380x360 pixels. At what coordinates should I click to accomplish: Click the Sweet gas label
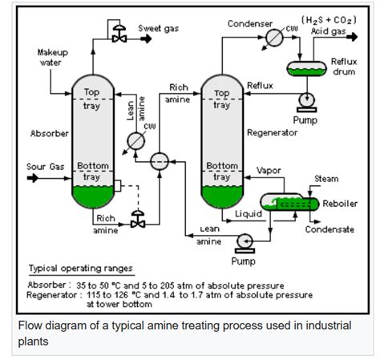(x=158, y=28)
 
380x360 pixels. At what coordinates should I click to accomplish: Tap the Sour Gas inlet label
(x=45, y=167)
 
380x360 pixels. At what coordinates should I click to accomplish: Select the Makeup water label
(x=53, y=57)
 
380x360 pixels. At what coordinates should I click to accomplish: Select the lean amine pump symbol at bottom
(x=242, y=239)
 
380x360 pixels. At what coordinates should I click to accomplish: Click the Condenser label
(x=250, y=23)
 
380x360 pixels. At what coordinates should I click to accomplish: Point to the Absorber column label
(x=49, y=133)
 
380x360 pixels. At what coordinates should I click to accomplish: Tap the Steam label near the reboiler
(x=326, y=179)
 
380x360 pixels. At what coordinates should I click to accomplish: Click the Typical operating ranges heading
(x=80, y=268)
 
